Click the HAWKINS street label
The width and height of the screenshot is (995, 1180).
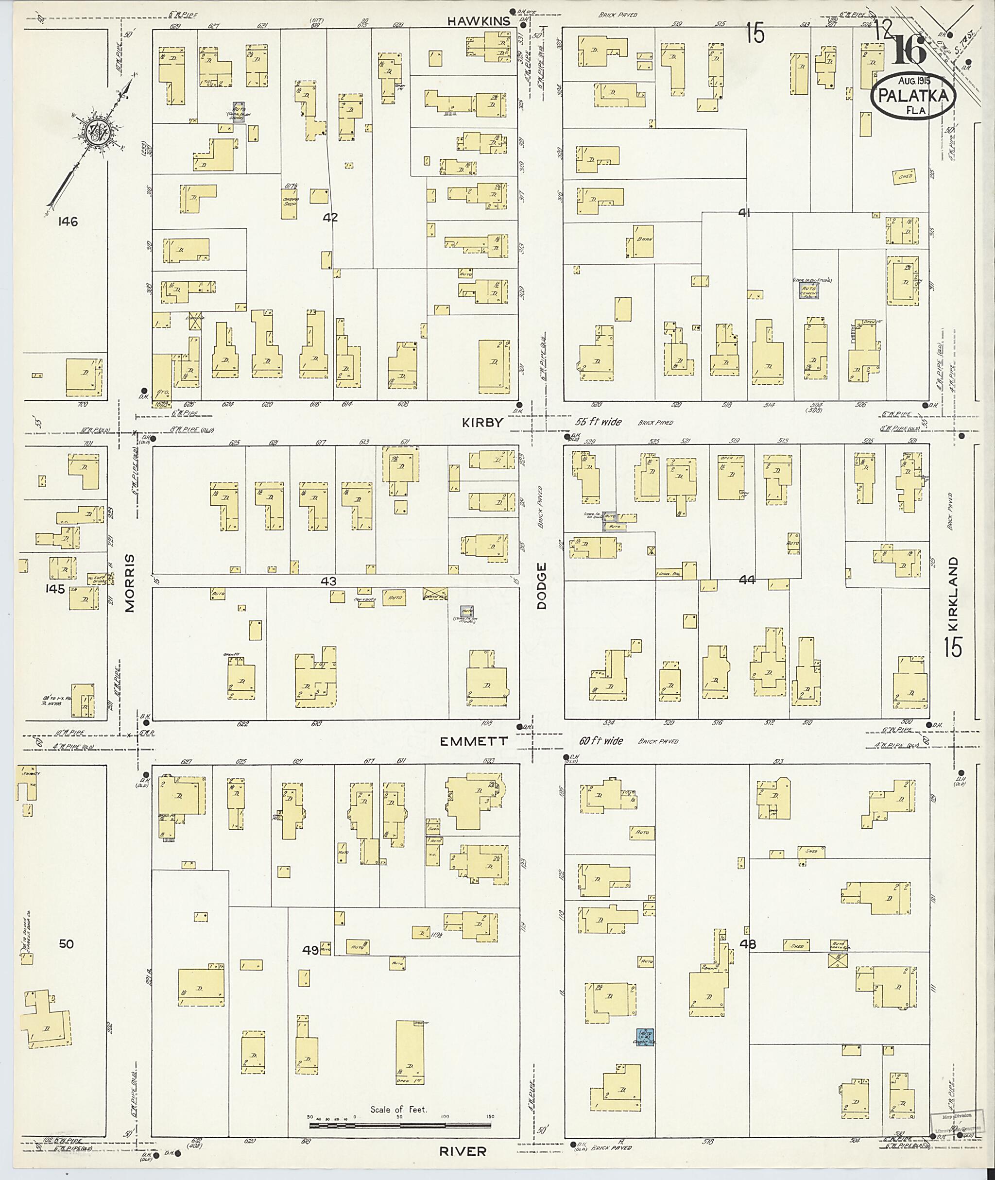(479, 21)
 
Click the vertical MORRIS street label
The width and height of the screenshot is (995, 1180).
(130, 582)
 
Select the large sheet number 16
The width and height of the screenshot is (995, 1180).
(909, 50)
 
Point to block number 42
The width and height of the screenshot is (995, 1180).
(330, 217)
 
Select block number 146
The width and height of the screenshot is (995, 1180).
(68, 222)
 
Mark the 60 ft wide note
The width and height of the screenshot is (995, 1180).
(601, 741)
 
